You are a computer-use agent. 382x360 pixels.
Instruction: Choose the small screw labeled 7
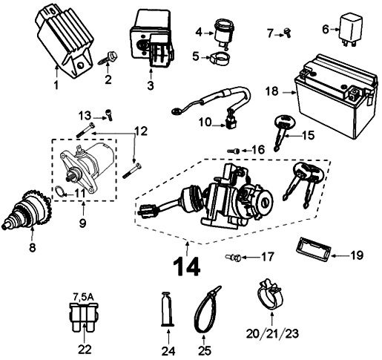286,32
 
